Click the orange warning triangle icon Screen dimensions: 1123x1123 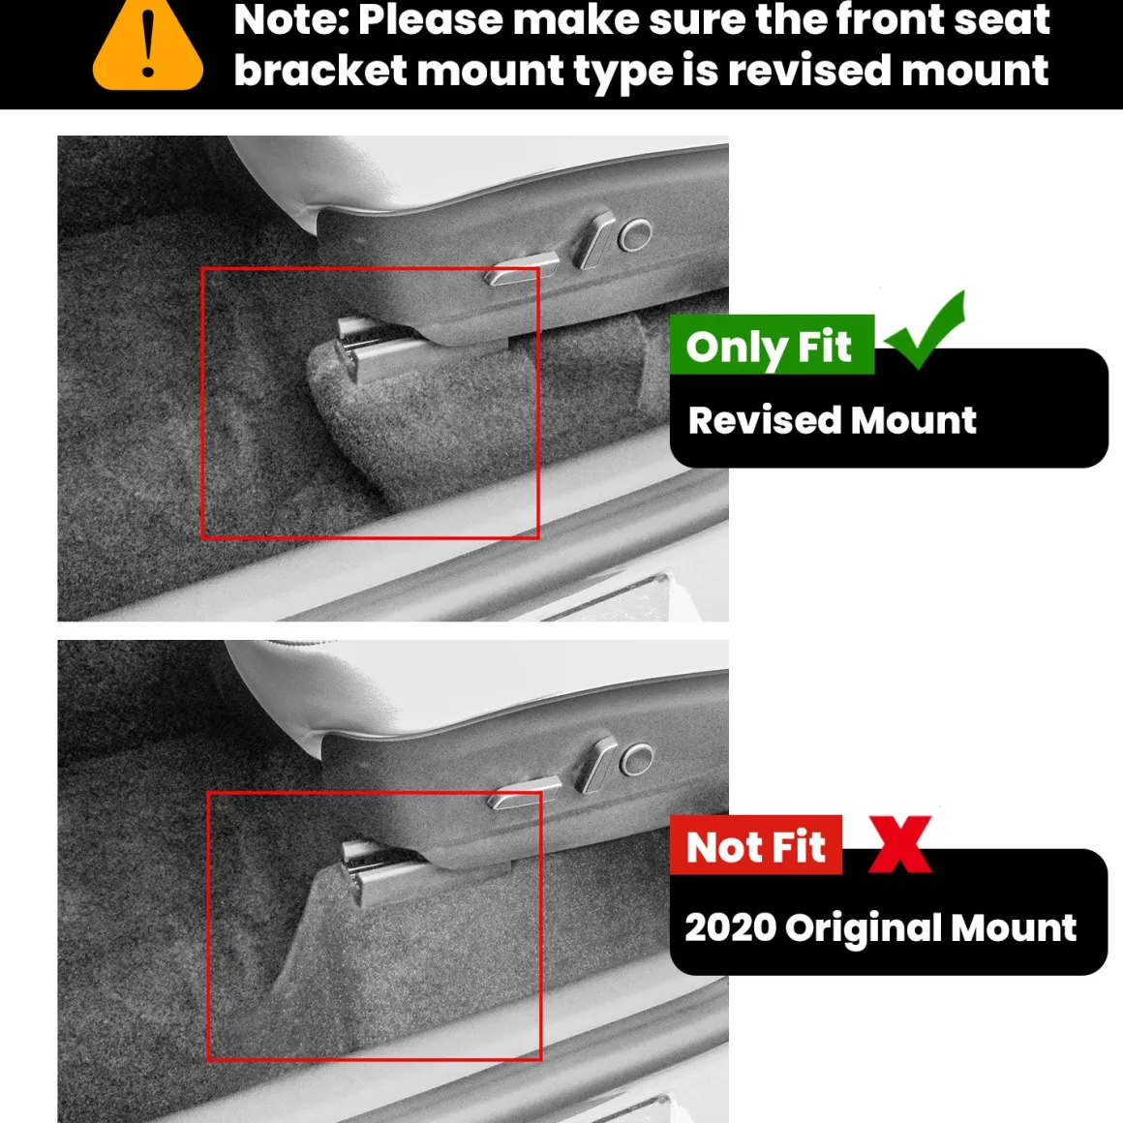[147, 46]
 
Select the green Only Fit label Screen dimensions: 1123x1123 [773, 345]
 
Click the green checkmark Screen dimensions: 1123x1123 [926, 331]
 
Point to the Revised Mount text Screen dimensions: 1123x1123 [833, 420]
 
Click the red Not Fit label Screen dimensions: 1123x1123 [755, 845]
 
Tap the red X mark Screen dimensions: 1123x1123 [900, 844]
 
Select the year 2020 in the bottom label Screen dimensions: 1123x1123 [731, 927]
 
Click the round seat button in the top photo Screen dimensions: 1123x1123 [634, 235]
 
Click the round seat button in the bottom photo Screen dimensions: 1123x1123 [636, 759]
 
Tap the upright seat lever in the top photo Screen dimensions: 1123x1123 [593, 241]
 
